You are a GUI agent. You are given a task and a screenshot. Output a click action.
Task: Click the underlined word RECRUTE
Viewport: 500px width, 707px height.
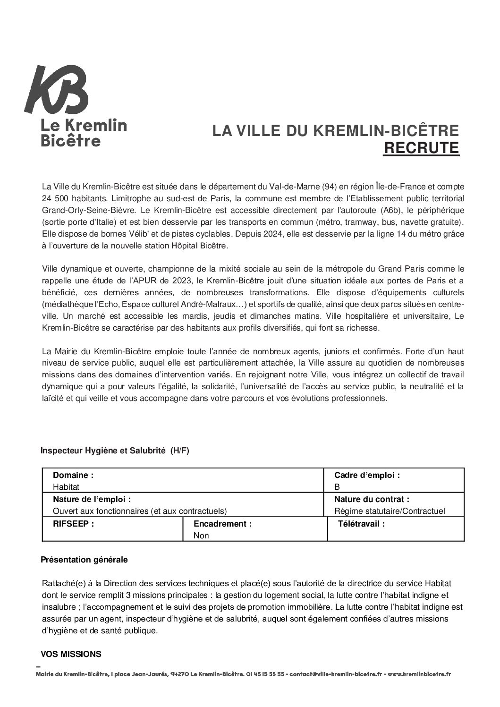(x=421, y=148)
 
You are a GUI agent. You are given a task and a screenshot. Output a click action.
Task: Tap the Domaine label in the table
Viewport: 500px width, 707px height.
(x=73, y=475)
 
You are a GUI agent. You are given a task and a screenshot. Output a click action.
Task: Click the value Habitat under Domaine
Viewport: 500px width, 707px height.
(x=66, y=487)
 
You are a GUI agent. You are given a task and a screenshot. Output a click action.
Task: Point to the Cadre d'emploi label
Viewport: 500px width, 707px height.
(x=367, y=475)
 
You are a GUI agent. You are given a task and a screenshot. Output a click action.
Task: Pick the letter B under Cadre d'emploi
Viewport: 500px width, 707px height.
(x=337, y=487)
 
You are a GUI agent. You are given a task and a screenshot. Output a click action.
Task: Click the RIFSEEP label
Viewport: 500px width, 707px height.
(x=73, y=523)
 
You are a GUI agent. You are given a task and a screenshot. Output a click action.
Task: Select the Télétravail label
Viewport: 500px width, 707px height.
(x=362, y=523)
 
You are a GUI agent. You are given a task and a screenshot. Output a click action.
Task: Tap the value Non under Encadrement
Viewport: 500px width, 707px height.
(x=201, y=536)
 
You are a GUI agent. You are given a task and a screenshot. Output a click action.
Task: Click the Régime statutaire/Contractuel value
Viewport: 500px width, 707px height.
(x=390, y=511)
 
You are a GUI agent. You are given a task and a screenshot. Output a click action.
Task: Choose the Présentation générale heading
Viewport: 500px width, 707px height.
(x=84, y=560)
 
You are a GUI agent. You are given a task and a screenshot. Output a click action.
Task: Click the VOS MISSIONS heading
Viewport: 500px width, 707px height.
(x=71, y=654)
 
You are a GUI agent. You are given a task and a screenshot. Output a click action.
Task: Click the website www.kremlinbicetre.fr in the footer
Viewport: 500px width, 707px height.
(x=419, y=674)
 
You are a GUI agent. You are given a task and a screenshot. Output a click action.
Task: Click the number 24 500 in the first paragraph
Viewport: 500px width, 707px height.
(x=54, y=196)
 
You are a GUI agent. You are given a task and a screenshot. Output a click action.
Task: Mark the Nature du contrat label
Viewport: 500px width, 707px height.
(x=372, y=499)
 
